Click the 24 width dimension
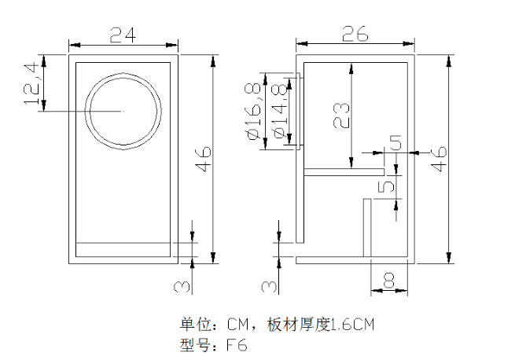pyautogui.click(x=123, y=35)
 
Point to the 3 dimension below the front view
pyautogui.click(x=182, y=284)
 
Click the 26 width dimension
pyautogui.click(x=356, y=35)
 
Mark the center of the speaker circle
pyautogui.click(x=123, y=111)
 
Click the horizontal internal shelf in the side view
pyautogui.click(x=343, y=171)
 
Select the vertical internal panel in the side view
pyautogui.click(x=366, y=227)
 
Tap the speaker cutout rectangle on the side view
pyautogui.click(x=299, y=110)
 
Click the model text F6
pyautogui.click(x=237, y=344)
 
